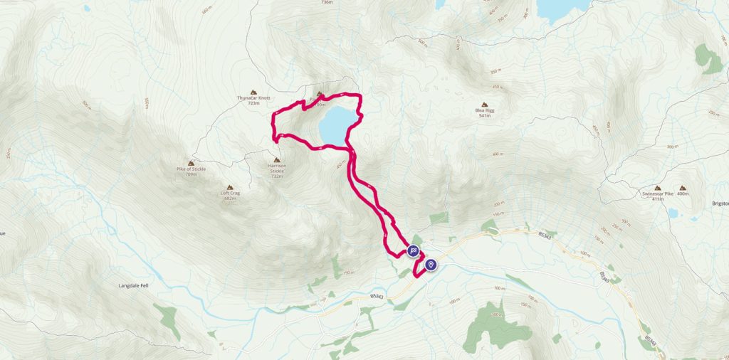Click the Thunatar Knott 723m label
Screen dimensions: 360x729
(x=253, y=100)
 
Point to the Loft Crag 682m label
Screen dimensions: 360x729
(x=229, y=196)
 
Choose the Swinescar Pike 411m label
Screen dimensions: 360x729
(x=657, y=196)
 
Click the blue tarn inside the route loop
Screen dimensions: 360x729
(x=334, y=124)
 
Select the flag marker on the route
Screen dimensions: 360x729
(x=413, y=251)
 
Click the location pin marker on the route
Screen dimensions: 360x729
(x=431, y=265)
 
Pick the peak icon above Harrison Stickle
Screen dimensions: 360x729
(x=276, y=159)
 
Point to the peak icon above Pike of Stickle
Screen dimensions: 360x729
(x=191, y=162)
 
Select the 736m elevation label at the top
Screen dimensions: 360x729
(x=327, y=3)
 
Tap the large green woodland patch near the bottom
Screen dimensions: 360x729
(x=498, y=328)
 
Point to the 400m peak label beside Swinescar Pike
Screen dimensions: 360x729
(x=685, y=194)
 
